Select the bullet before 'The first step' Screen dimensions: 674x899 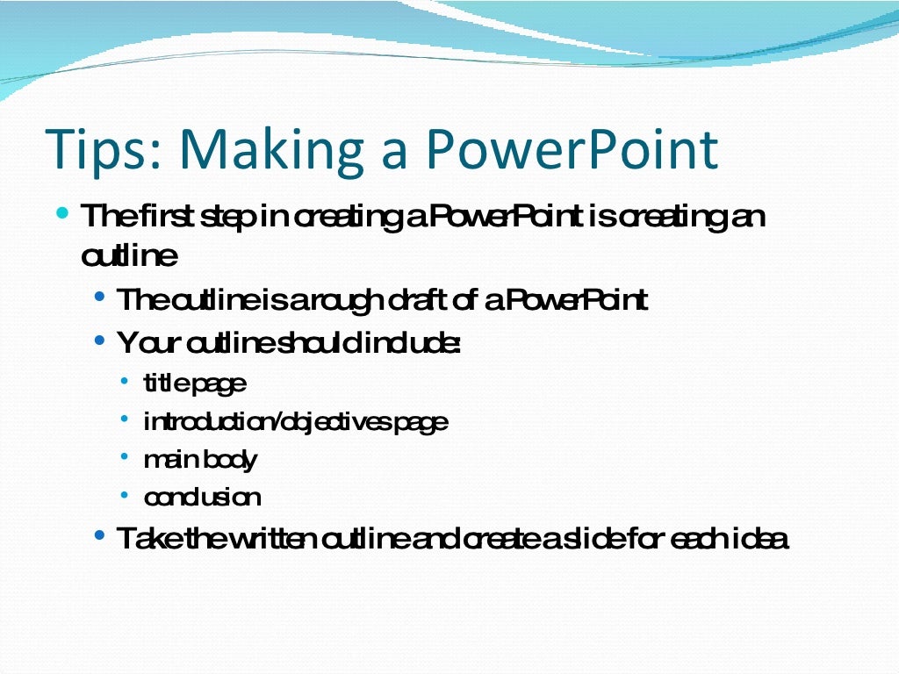(x=61, y=213)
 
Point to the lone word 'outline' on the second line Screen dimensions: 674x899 (x=129, y=257)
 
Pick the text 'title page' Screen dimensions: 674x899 (x=195, y=384)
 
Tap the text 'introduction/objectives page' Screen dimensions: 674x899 (x=296, y=422)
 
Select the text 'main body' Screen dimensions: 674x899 (x=200, y=460)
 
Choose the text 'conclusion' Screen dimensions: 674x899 (x=202, y=498)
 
